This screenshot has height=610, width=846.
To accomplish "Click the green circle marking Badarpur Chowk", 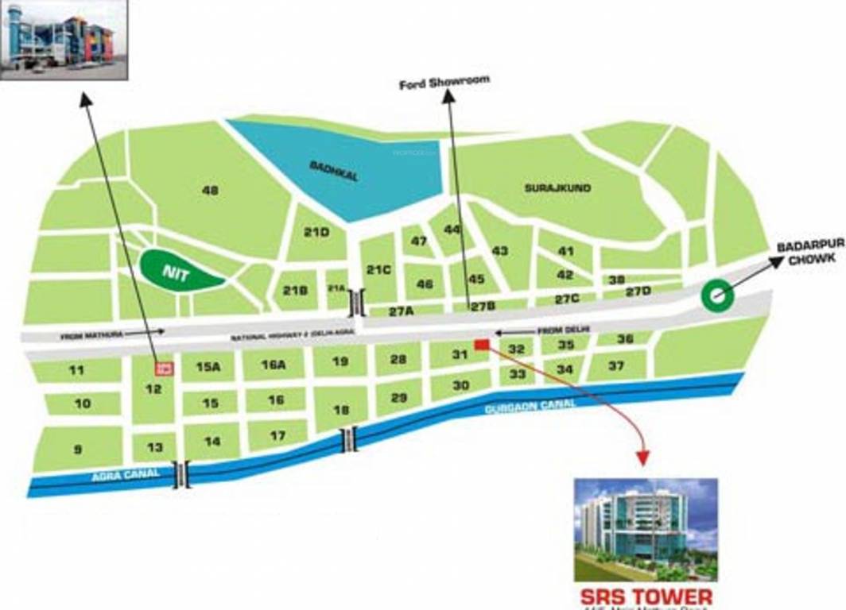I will [x=717, y=296].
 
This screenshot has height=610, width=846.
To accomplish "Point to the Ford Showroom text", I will [x=444, y=82].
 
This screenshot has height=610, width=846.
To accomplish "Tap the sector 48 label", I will [x=210, y=191].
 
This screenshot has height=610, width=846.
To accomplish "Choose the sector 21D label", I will [x=316, y=232].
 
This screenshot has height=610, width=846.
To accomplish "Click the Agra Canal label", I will [x=125, y=475].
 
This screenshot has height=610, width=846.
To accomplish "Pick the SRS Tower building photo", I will [x=646, y=529].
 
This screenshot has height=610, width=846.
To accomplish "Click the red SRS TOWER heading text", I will [x=646, y=596].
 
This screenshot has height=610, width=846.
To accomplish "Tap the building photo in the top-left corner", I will [x=64, y=39].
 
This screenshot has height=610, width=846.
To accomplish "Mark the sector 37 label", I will [x=615, y=365].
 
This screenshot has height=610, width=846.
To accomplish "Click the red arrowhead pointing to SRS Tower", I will [x=642, y=458].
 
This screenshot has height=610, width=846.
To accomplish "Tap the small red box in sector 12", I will [x=164, y=368].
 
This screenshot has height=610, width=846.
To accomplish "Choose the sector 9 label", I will [x=78, y=450].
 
